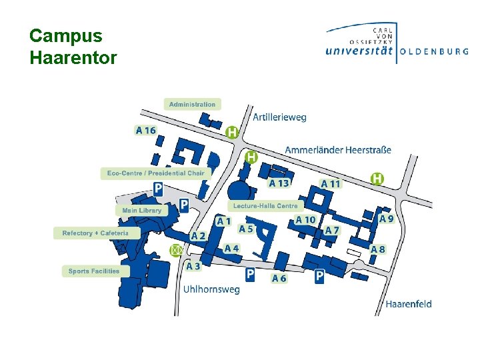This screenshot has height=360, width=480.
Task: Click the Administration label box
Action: tap(192, 104)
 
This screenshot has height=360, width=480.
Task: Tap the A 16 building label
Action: tap(145, 131)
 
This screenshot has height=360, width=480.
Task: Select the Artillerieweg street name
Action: tap(280, 117)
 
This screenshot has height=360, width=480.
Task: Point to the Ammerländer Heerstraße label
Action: tap(338, 150)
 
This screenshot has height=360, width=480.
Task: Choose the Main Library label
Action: tap(141, 211)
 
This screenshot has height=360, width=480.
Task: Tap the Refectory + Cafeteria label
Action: tap(95, 233)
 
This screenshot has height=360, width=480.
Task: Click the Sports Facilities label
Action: tap(93, 271)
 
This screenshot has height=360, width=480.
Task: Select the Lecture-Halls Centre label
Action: tap(265, 206)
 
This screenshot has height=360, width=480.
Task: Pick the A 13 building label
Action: tap(279, 183)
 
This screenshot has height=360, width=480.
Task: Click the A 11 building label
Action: tap(331, 184)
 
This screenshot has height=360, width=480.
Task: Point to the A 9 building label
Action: tap(387, 219)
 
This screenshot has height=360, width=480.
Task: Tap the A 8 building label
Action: tap(378, 249)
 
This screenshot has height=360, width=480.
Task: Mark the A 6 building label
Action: tap(279, 279)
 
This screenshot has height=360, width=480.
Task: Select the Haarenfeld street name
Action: tap(408, 304)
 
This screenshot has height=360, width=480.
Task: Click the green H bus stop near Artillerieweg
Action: tap(232, 133)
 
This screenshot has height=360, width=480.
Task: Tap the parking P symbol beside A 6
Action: tap(250, 274)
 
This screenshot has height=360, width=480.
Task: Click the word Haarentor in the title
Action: tap(73, 58)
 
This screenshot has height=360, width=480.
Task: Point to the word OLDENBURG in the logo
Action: tap(434, 51)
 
